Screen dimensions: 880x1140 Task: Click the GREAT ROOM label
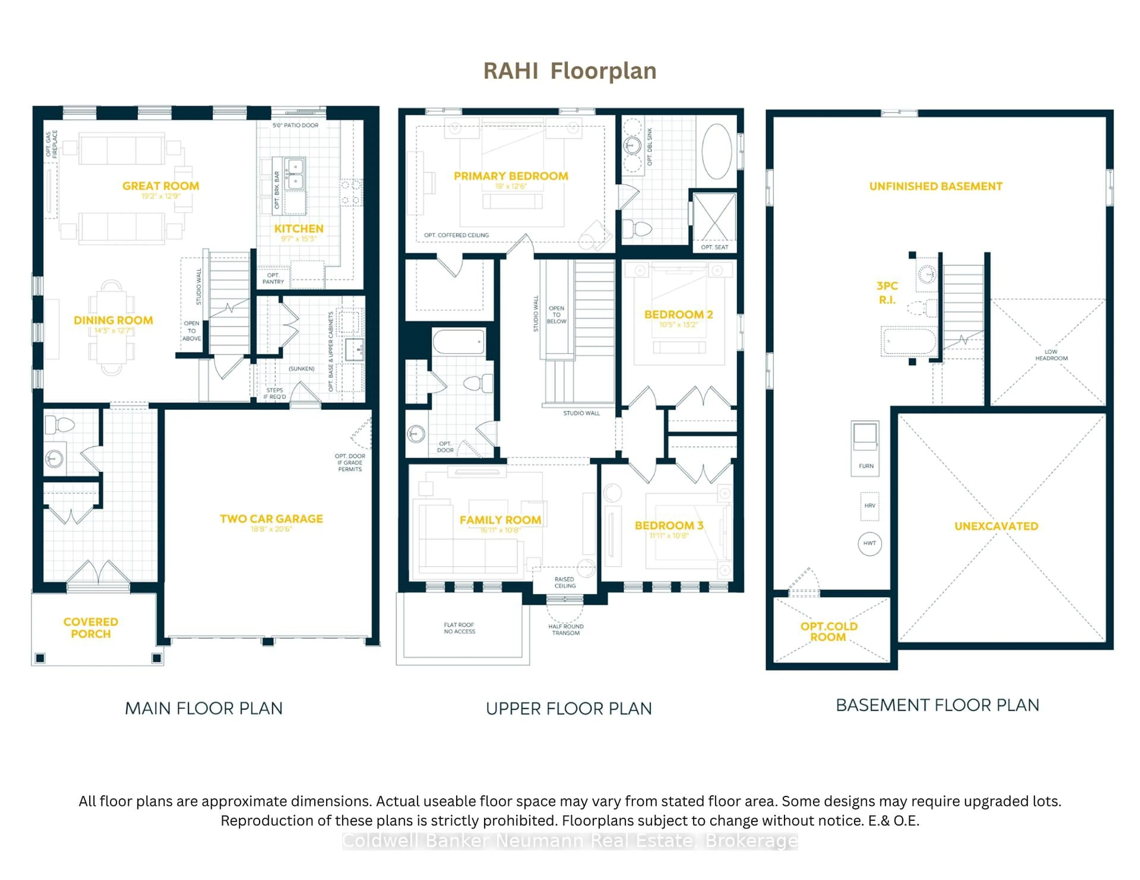pos(161,186)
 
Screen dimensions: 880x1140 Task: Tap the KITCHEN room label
pos(299,229)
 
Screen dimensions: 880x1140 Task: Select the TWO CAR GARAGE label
pos(271,519)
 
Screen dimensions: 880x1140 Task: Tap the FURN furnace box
pos(865,447)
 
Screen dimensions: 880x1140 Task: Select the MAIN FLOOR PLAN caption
pos(204,709)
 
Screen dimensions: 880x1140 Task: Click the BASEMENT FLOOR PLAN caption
pos(938,705)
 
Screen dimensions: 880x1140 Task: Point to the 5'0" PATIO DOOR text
pos(295,125)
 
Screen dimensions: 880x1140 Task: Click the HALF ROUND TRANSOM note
pos(566,630)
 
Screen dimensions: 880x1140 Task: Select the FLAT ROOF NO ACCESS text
pos(459,628)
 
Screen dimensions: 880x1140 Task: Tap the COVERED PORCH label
pos(91,628)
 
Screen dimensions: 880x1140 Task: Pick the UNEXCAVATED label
pos(996,526)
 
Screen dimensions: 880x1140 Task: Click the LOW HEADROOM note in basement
pos(1051,355)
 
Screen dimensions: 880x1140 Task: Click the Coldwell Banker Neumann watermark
pos(569,841)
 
